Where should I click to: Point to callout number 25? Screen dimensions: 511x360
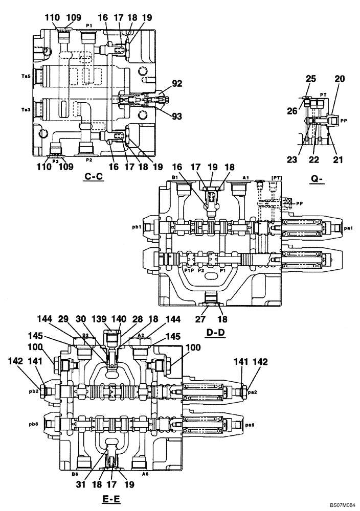click(x=310, y=79)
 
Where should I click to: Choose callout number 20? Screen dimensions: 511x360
click(x=340, y=79)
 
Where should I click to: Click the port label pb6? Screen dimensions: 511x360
click(x=35, y=424)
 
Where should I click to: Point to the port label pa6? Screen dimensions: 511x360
click(x=250, y=424)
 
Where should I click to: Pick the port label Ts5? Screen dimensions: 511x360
click(x=26, y=76)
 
